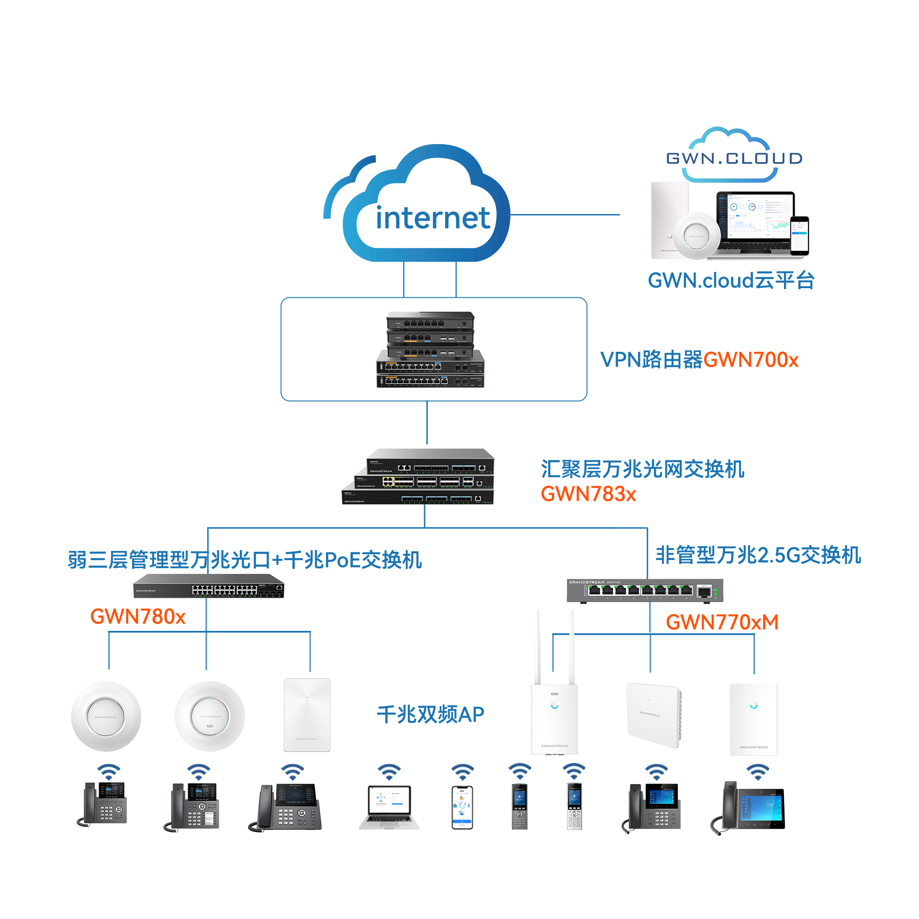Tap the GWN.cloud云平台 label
(731, 280)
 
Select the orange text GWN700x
(751, 360)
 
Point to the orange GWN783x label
(588, 494)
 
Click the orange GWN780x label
(138, 616)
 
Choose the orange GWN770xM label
(722, 622)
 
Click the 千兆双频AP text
(430, 714)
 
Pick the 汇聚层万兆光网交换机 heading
(642, 469)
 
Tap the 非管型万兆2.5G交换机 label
(758, 555)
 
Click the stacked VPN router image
(430, 349)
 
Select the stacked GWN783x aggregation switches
(418, 477)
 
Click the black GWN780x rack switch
(208, 586)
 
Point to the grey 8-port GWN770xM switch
(646, 591)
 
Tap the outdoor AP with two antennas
(554, 708)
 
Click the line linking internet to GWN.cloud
(565, 215)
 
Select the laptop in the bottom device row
(389, 807)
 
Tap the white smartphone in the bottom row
(462, 807)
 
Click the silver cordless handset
(574, 806)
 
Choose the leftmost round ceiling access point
(106, 717)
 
